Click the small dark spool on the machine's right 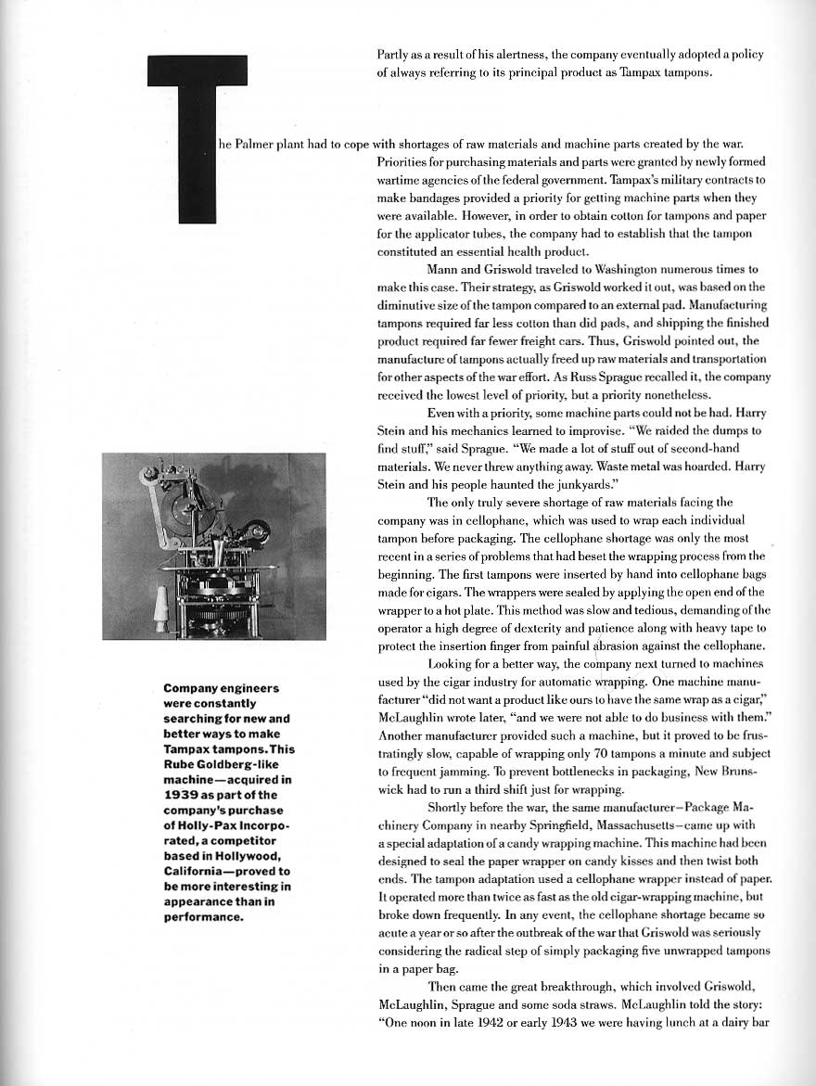point(258,531)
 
